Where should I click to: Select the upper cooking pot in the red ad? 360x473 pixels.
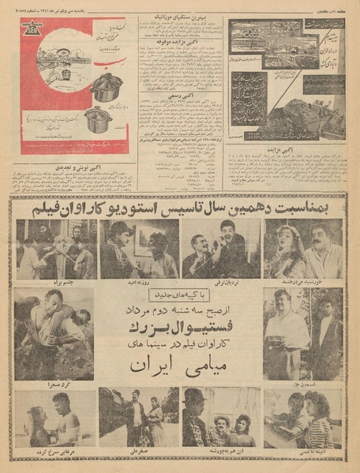click(105, 88)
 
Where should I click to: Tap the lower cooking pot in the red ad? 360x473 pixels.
click(99, 121)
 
